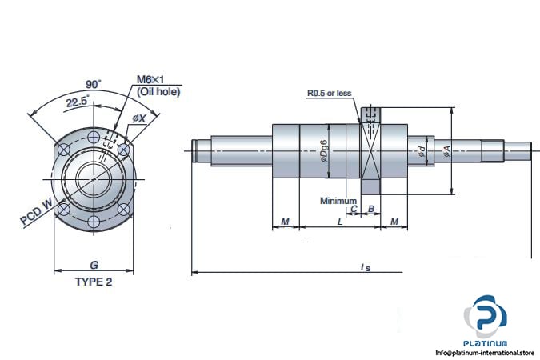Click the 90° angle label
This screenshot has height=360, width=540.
point(93,83)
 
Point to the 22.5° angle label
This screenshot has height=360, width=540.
point(77,102)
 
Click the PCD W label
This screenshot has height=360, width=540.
point(37,213)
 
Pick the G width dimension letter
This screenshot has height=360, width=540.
point(94,265)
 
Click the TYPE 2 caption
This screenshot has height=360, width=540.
point(94,282)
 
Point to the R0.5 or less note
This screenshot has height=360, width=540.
point(329,94)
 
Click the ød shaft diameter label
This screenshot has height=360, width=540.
point(422,149)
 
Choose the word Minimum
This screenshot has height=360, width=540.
point(338,201)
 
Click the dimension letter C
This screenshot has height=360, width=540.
point(354,209)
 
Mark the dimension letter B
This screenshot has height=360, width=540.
point(370,209)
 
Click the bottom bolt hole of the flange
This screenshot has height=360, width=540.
point(94,221)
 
